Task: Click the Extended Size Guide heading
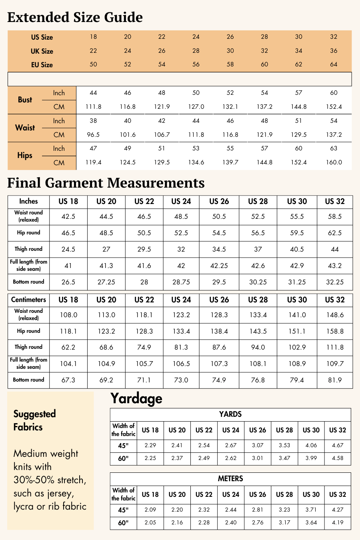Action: (75, 17)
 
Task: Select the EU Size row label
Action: (42, 65)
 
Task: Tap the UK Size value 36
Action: (334, 51)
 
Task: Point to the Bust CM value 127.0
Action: (196, 107)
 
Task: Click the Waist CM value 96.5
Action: (93, 135)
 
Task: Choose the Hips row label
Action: (25, 156)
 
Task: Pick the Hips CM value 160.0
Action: (334, 162)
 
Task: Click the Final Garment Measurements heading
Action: (106, 183)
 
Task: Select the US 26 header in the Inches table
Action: (219, 202)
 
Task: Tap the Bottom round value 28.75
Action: (181, 282)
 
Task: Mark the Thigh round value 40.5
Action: (297, 249)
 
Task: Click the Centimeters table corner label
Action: (28, 300)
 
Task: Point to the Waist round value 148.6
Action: (335, 315)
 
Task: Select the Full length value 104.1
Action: (68, 364)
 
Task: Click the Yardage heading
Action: (136, 398)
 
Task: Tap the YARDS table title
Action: (230, 414)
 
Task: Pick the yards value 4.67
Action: (338, 445)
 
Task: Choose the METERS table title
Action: (230, 479)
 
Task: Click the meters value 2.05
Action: (150, 522)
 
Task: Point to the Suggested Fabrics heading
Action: (34, 420)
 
